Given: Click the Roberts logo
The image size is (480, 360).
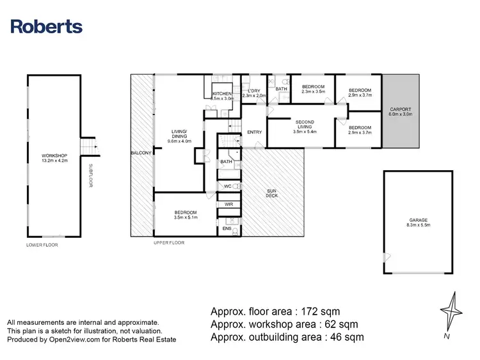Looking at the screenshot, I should [x=47, y=26].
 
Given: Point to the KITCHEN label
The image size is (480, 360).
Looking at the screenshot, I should [x=221, y=95].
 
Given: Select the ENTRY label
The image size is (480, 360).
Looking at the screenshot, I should [x=255, y=132].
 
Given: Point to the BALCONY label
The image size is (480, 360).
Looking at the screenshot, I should [x=141, y=153].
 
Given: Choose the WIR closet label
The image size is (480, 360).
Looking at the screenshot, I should [x=227, y=205].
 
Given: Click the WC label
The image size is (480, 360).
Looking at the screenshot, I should [x=227, y=187].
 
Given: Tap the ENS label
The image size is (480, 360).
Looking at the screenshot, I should [x=227, y=228].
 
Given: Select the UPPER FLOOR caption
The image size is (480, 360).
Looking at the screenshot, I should [x=169, y=243].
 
